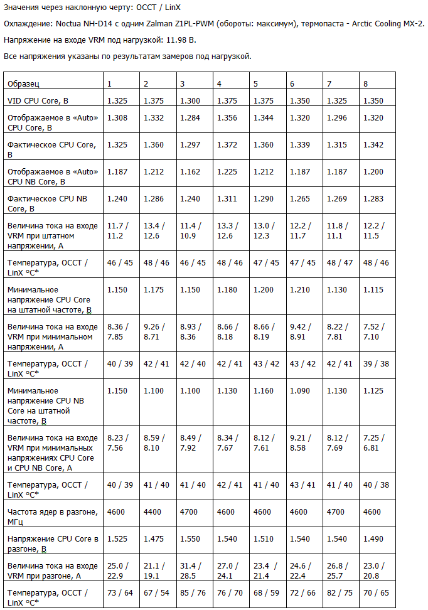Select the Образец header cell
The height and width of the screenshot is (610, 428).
point(24,83)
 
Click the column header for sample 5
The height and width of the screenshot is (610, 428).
point(255,83)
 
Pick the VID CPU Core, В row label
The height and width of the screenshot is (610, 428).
point(37,100)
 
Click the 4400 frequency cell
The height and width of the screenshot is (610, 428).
point(153,512)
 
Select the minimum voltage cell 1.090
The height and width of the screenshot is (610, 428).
point(299,390)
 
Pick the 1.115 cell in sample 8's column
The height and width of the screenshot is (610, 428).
point(373,290)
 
